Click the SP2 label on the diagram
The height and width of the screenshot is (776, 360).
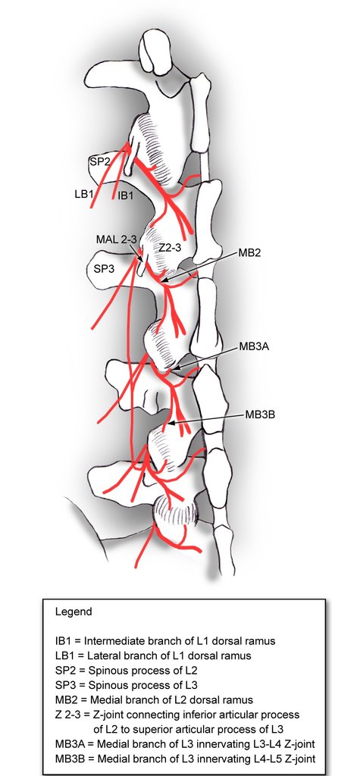point(100,161)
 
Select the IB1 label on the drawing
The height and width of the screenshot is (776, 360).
point(125,196)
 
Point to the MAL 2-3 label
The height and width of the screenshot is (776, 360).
point(117,239)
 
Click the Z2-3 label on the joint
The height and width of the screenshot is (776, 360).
point(170,248)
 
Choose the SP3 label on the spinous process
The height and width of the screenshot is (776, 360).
point(103,268)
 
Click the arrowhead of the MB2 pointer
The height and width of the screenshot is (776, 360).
point(164,282)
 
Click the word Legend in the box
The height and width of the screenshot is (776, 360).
point(74,612)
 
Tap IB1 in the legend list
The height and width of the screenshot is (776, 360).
point(63,641)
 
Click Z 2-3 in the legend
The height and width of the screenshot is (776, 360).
point(69,715)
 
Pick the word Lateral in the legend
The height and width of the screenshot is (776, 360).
point(102,656)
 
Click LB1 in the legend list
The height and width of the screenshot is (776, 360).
point(64,656)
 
